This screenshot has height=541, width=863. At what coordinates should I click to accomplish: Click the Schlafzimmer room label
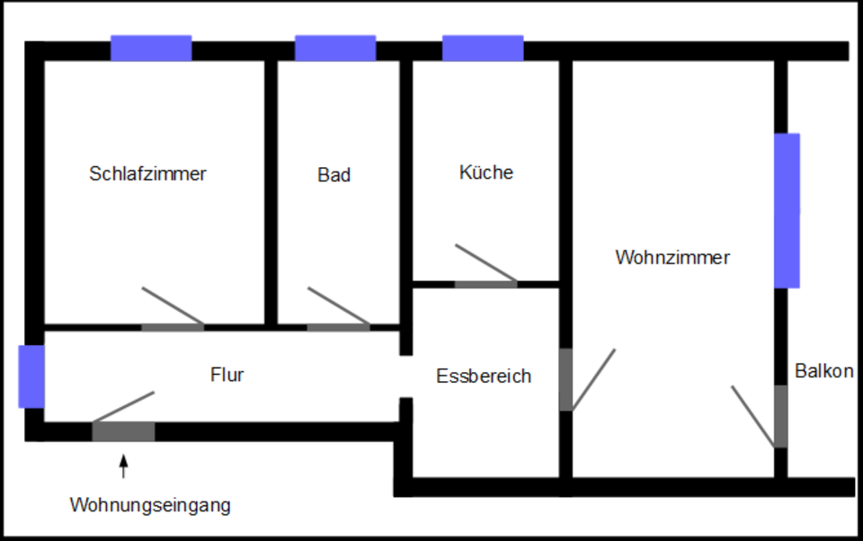click(147, 173)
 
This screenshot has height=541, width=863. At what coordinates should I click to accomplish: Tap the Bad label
click(334, 175)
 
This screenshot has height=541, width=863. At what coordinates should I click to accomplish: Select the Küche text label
click(486, 172)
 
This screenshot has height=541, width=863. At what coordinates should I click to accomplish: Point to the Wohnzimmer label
click(672, 257)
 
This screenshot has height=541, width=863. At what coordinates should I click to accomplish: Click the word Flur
click(227, 375)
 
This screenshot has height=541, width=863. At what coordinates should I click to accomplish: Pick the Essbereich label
click(484, 376)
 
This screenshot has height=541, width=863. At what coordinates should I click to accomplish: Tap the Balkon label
click(823, 370)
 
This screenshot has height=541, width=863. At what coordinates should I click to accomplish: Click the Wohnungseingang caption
click(150, 505)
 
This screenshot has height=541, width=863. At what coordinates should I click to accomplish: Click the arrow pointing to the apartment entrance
click(124, 466)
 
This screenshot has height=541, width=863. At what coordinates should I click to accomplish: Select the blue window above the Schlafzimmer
click(151, 48)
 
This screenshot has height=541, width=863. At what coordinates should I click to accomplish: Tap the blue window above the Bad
click(335, 48)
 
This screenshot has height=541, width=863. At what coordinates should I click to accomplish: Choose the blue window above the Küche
click(483, 48)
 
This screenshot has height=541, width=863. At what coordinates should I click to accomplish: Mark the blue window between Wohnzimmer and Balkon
click(787, 210)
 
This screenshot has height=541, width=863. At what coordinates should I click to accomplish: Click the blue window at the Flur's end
click(31, 377)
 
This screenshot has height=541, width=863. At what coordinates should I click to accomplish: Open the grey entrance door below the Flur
click(123, 431)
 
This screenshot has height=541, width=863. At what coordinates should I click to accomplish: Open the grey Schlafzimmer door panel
click(173, 327)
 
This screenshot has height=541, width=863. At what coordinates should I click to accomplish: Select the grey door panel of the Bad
click(338, 327)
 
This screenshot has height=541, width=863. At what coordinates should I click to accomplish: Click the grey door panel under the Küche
click(485, 285)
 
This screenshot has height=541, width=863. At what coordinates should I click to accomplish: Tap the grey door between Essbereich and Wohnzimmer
click(565, 379)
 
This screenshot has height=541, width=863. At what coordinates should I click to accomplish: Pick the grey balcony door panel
click(781, 416)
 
